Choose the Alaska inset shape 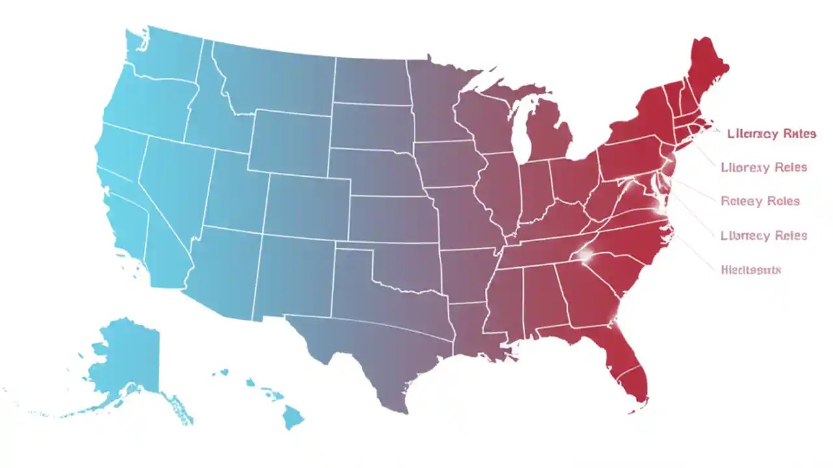127,357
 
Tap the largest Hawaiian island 293,416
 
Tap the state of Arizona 221,266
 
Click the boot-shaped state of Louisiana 475,331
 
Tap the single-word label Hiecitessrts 751,269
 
